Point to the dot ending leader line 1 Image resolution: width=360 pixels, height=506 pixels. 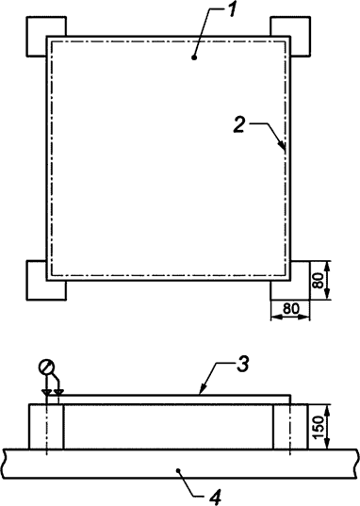tap(193, 57)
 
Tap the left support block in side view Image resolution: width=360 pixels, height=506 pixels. tap(47, 426)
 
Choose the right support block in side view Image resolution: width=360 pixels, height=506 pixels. tap(289, 426)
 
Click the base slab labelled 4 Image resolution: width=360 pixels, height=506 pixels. tap(113, 464)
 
